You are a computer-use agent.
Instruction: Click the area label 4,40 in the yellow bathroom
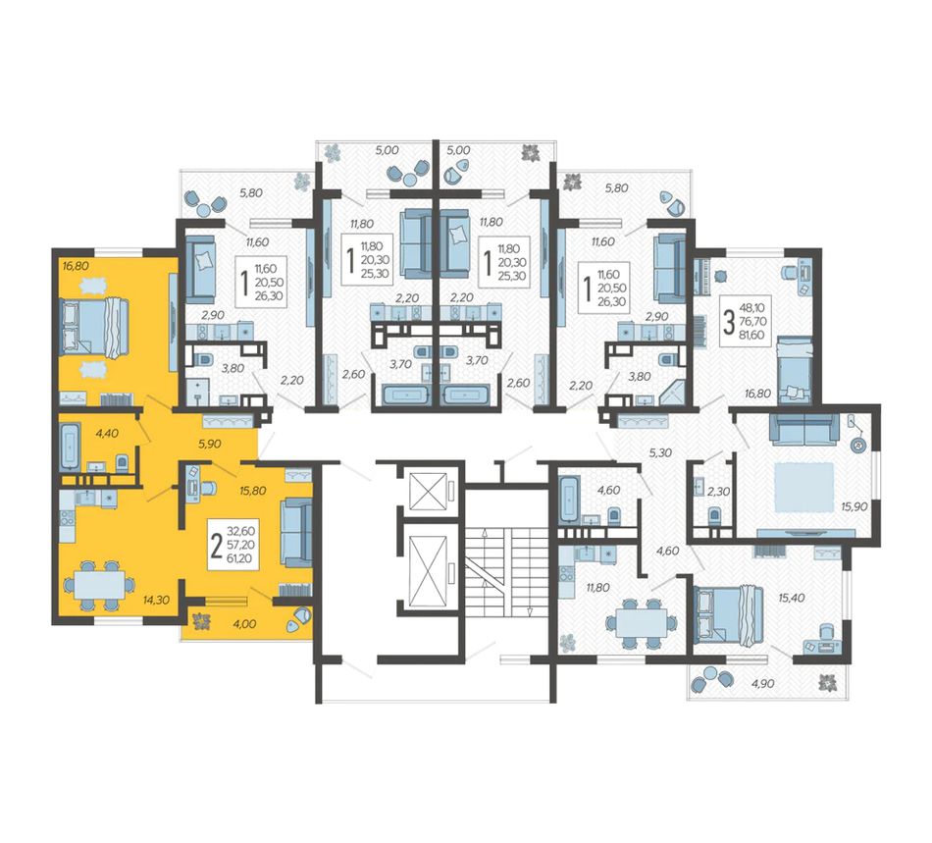point(107,434)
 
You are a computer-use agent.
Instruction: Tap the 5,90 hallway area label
point(210,444)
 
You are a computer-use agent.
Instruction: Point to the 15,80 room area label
point(252,491)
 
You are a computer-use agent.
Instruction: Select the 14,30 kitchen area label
point(156,600)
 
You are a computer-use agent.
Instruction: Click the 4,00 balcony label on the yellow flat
point(245,623)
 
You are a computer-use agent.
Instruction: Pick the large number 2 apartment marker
point(217,546)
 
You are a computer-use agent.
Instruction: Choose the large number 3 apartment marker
point(728,322)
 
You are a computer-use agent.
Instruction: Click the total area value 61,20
point(239,558)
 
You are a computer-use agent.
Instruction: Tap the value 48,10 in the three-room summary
point(752,308)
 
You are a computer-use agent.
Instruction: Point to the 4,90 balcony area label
point(762,683)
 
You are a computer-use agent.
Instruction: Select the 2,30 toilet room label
point(718,491)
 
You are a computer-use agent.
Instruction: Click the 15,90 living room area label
point(854,506)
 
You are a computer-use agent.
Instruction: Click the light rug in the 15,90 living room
point(803,487)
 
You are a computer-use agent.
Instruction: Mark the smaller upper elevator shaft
point(429,491)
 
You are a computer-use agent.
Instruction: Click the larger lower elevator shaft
point(429,569)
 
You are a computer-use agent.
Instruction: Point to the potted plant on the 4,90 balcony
point(828,684)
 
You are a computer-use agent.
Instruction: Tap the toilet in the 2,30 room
point(714,514)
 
